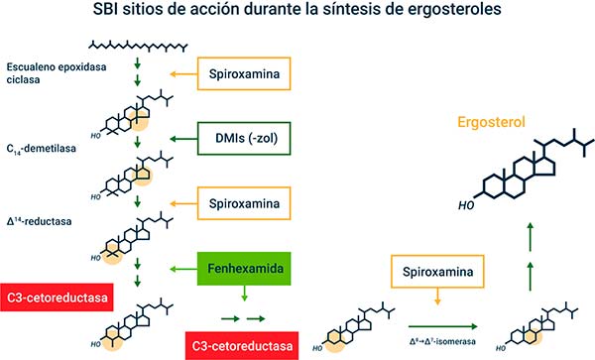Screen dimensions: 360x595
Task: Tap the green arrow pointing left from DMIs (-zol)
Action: pyautogui.click(x=183, y=139)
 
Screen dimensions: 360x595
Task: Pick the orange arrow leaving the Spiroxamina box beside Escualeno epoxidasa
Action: pyautogui.click(x=183, y=73)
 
